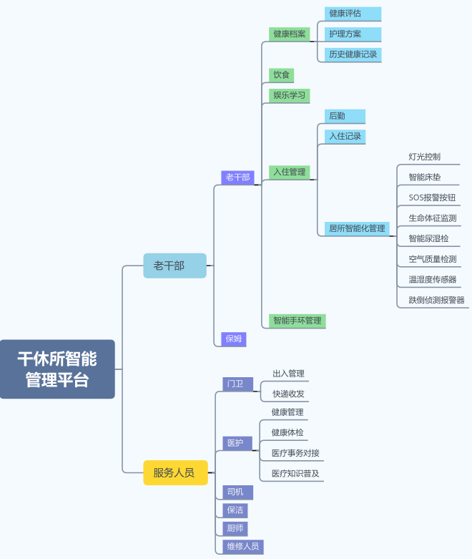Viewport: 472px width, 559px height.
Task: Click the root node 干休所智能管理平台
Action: coord(57,369)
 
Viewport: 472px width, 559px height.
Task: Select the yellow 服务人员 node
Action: coord(174,472)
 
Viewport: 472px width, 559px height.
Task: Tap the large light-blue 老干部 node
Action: coord(174,266)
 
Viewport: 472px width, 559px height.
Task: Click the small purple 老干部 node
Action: coord(237,177)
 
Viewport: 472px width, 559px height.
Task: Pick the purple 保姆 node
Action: coord(234,339)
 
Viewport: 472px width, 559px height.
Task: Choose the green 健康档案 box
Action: coord(290,34)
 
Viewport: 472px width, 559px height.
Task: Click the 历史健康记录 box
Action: coord(352,54)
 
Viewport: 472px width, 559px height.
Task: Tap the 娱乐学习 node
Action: coord(289,95)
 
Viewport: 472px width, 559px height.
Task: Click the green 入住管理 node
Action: coord(289,172)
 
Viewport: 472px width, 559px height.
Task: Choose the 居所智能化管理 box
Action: coord(356,228)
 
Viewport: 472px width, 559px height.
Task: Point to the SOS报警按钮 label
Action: coord(432,198)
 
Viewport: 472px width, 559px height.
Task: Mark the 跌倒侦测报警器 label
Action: coord(436,300)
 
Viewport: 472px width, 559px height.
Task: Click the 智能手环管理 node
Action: coord(297,321)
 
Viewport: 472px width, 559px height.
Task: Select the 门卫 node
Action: coord(237,384)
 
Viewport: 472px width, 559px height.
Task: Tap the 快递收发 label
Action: coord(288,394)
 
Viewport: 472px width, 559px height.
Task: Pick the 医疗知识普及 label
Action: coord(295,473)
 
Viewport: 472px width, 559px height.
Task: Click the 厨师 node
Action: coord(235,528)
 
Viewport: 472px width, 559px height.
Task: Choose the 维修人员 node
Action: coord(242,547)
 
